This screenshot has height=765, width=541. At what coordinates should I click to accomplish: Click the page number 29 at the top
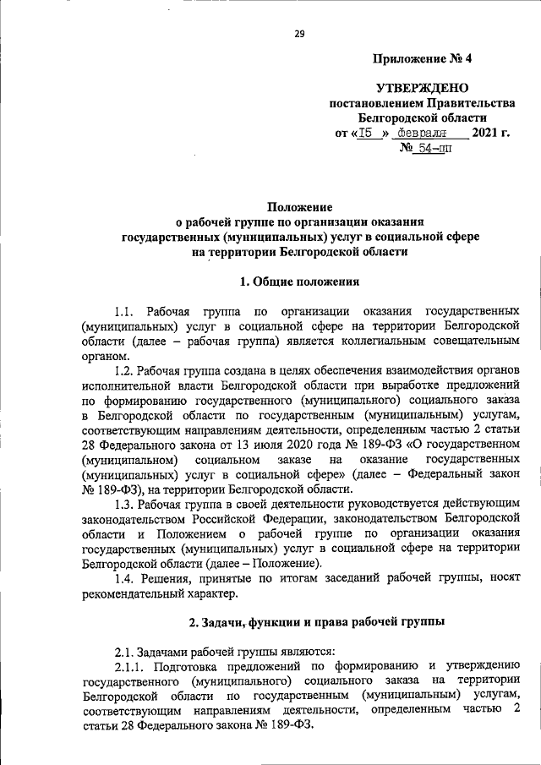(x=299, y=34)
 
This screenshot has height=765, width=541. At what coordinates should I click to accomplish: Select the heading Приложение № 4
(x=423, y=59)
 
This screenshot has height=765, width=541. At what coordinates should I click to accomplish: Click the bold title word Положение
(x=300, y=206)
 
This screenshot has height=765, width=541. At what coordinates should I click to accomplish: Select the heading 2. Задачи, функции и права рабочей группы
(x=316, y=623)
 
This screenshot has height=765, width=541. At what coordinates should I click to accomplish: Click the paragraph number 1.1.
(x=127, y=312)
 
